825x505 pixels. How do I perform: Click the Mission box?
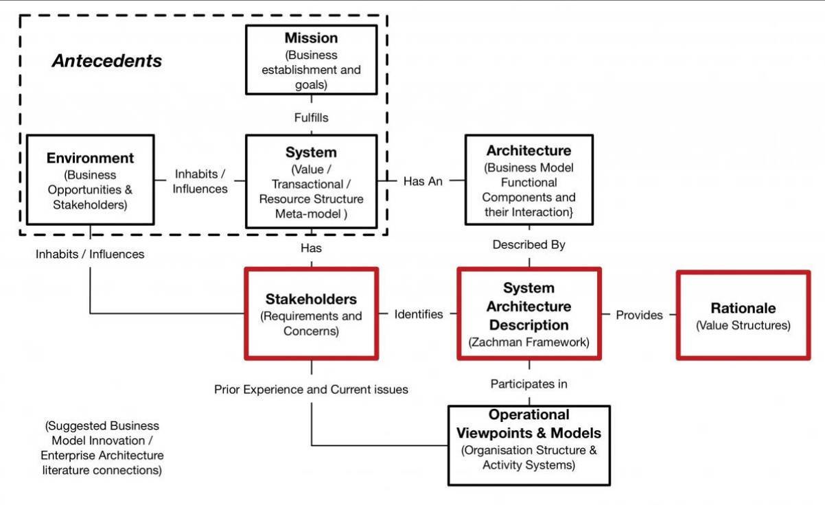tap(311, 60)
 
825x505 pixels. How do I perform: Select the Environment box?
tap(90, 180)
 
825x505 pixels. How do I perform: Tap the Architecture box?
tap(529, 180)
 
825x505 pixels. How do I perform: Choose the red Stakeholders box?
tap(311, 314)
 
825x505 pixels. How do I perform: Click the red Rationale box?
tap(743, 315)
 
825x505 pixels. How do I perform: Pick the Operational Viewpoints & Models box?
tap(529, 445)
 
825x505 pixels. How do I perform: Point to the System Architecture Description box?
tap(529, 314)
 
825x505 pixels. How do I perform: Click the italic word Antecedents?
tap(107, 61)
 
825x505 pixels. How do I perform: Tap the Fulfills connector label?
tap(311, 118)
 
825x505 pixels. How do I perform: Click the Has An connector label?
tap(423, 181)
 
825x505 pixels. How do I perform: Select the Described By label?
tap(529, 245)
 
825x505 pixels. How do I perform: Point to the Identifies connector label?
tap(419, 314)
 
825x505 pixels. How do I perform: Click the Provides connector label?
tap(639, 315)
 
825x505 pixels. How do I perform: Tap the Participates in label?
tap(529, 384)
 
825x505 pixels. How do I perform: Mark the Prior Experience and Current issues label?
tap(311, 390)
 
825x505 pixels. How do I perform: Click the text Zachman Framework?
tap(529, 342)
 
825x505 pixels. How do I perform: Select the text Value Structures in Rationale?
tap(743, 325)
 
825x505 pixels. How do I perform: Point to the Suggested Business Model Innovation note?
tap(102, 448)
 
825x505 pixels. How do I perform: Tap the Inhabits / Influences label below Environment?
tap(90, 255)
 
